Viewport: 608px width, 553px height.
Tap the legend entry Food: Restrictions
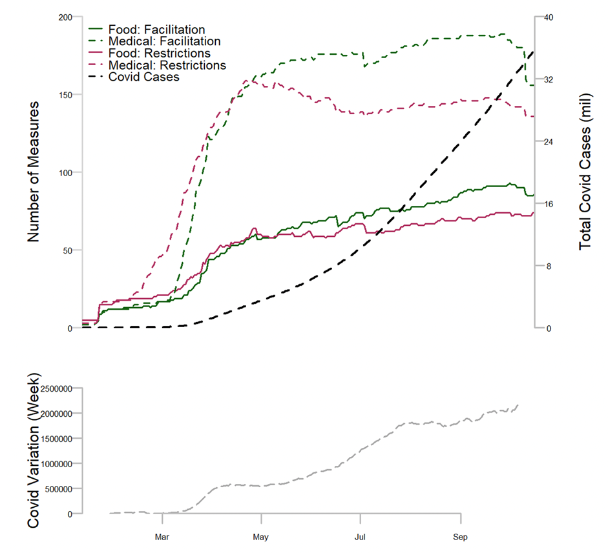(159, 53)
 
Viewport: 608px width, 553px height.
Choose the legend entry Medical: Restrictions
(167, 65)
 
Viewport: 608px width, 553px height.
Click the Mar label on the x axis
(162, 536)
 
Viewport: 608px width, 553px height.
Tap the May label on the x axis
(261, 536)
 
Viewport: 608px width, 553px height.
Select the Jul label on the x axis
(360, 536)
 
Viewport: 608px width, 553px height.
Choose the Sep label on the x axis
(460, 536)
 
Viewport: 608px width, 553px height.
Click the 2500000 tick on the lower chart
(60, 389)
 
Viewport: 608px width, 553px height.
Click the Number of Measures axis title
(34, 172)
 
